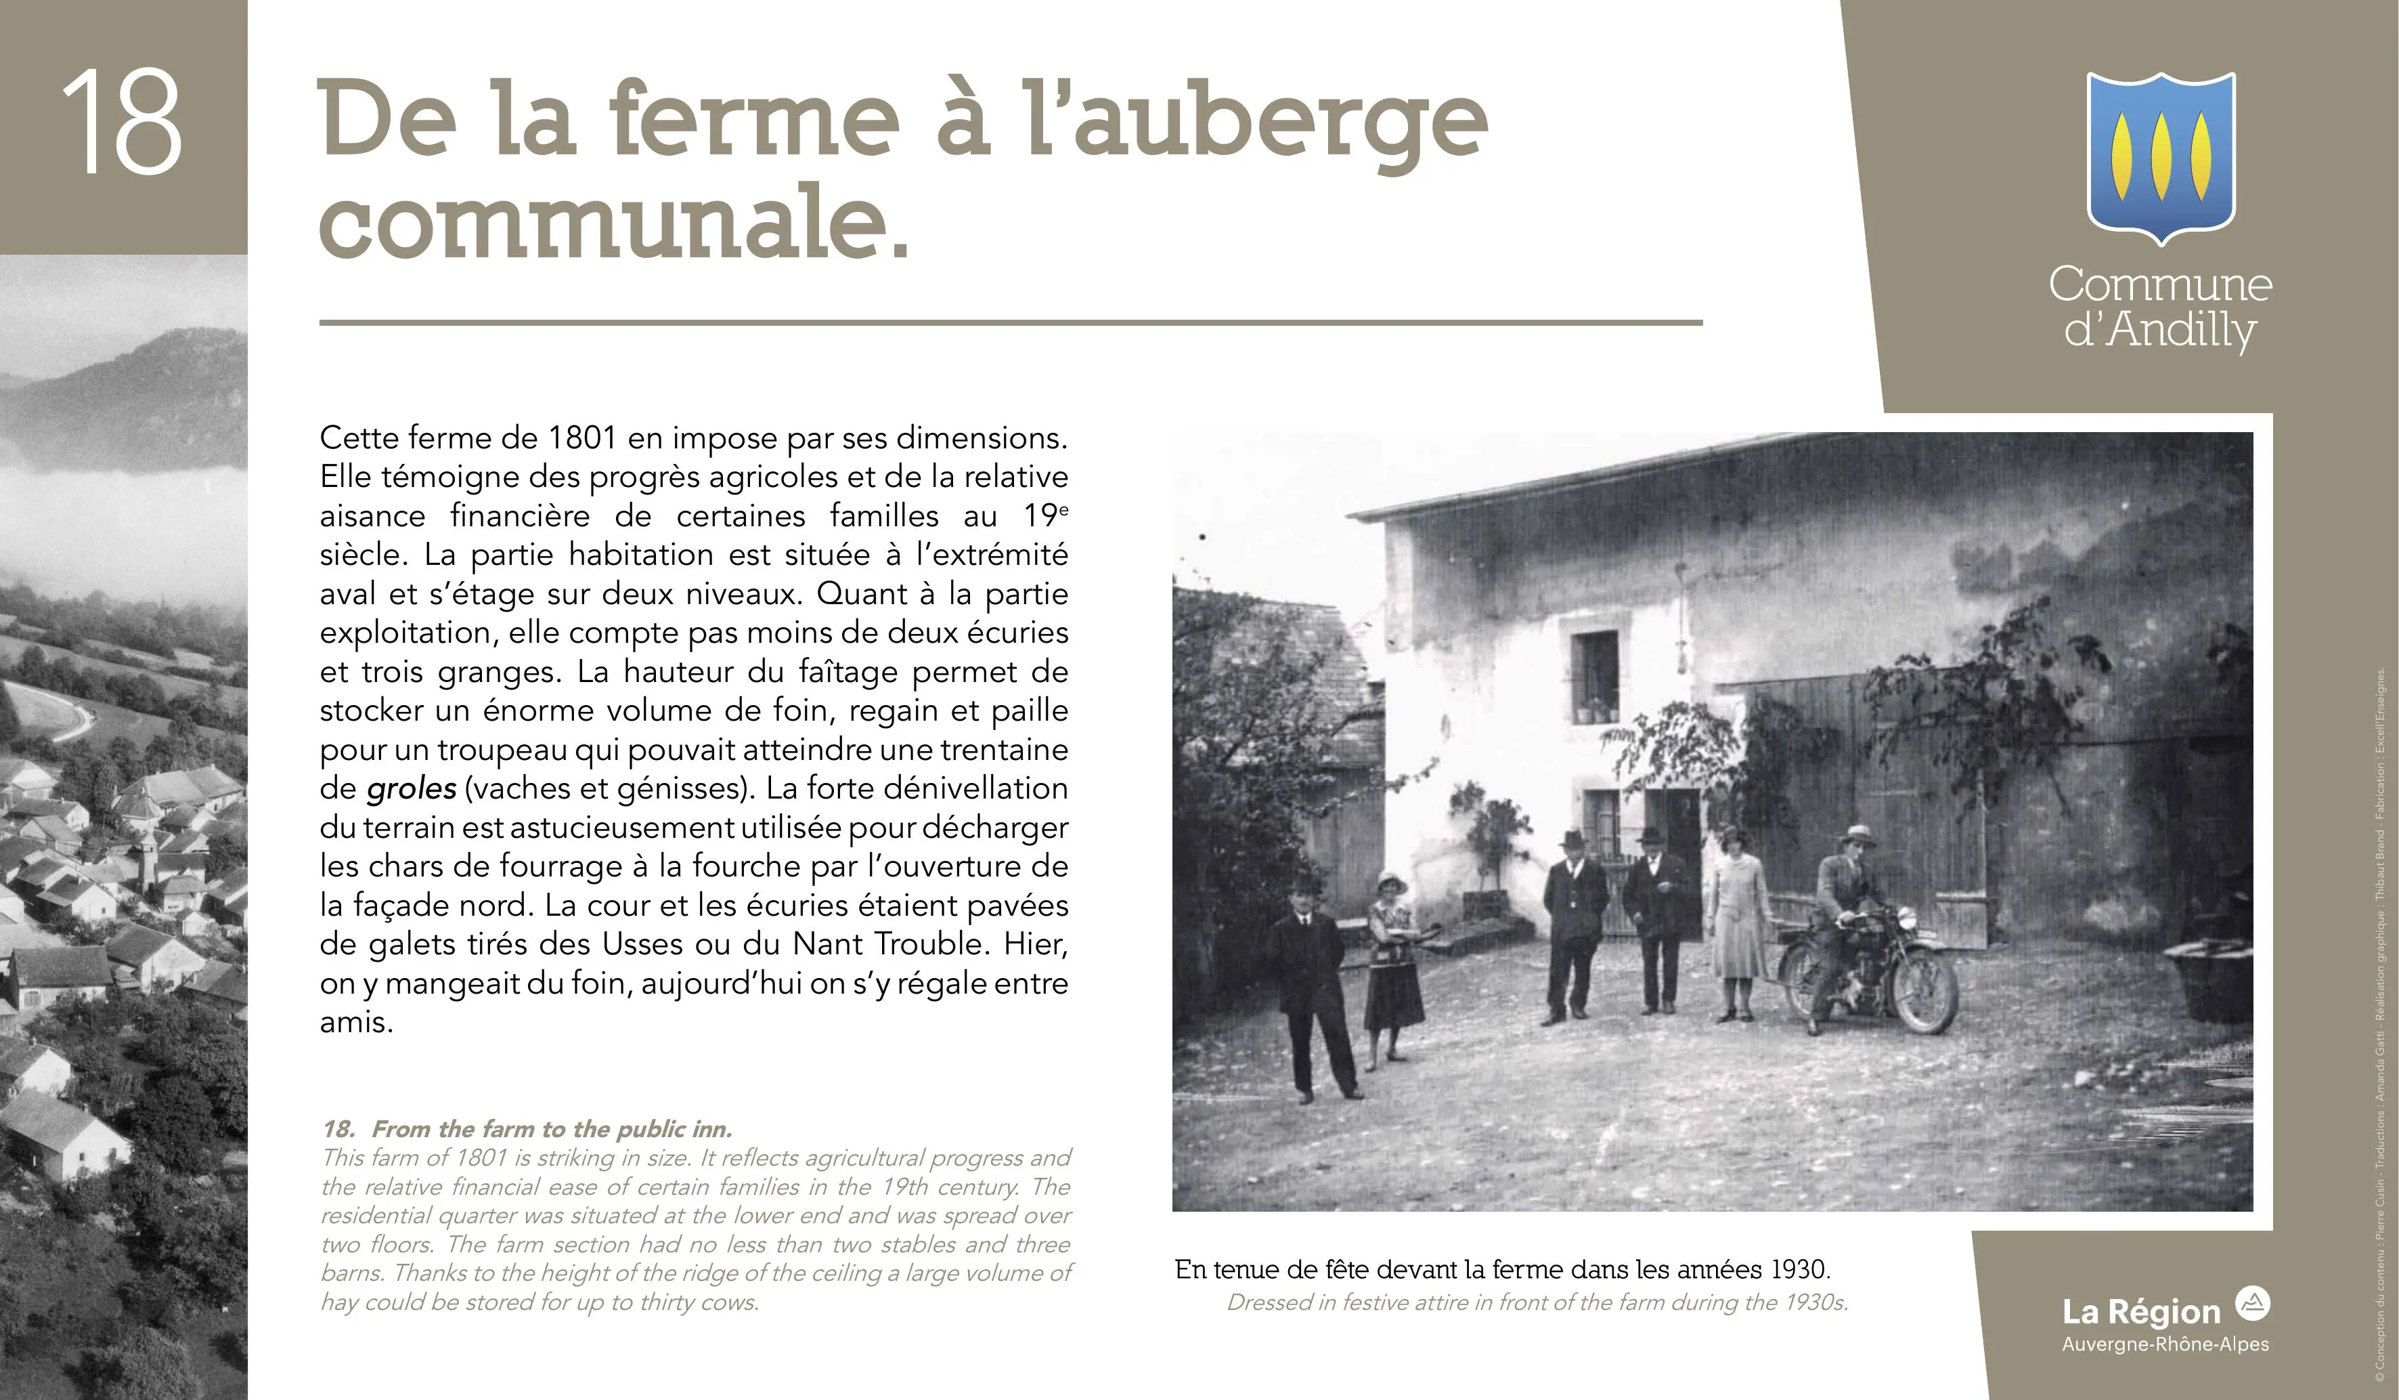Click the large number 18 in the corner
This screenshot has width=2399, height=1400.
point(122,124)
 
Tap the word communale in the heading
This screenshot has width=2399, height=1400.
point(614,224)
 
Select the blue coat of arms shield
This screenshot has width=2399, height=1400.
point(2160,157)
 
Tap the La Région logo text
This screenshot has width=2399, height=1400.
point(2141,1313)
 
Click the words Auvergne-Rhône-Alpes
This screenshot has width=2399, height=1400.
point(2165,1344)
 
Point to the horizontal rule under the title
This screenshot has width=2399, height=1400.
point(1009,323)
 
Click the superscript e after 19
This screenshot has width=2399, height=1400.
point(1063,509)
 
